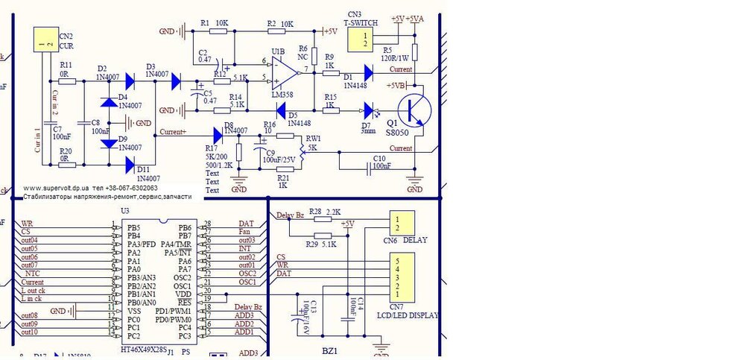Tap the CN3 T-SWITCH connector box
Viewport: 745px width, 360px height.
click(x=364, y=40)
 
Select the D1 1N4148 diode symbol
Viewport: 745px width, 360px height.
click(x=367, y=73)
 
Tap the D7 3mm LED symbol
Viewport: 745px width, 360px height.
click(x=367, y=110)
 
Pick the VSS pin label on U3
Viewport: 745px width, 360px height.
click(x=133, y=311)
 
